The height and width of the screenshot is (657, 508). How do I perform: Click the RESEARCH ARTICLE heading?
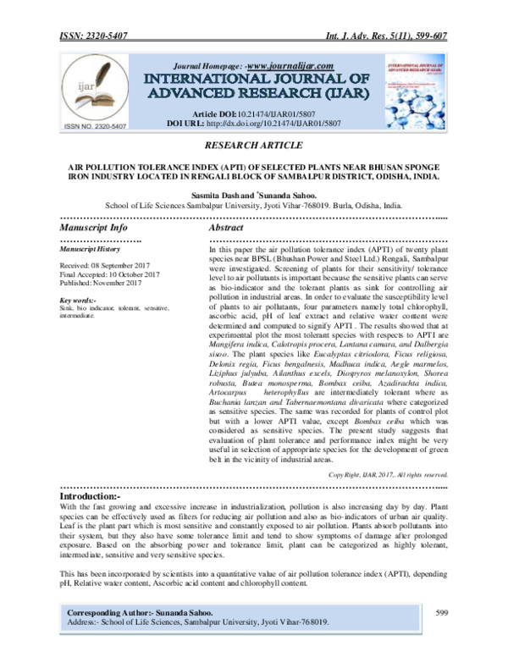(x=253, y=146)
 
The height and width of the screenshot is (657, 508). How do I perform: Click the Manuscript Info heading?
(x=95, y=229)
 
